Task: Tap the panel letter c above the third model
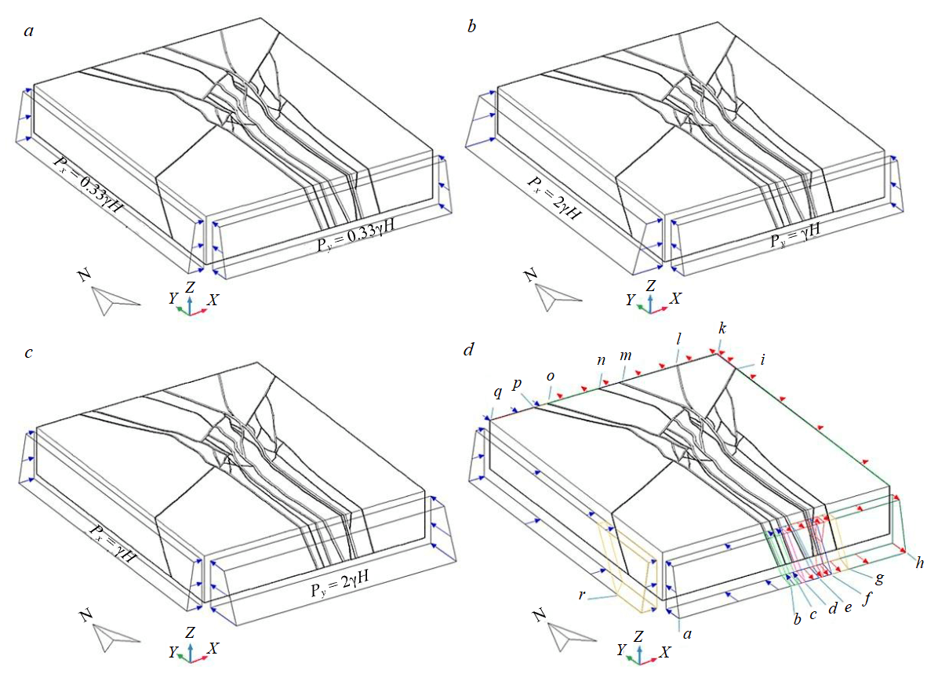29,352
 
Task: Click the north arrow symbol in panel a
115,299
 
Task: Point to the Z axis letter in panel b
650,286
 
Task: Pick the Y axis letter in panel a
173,298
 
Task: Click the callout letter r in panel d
583,595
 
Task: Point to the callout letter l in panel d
678,339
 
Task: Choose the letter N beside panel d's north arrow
540,615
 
